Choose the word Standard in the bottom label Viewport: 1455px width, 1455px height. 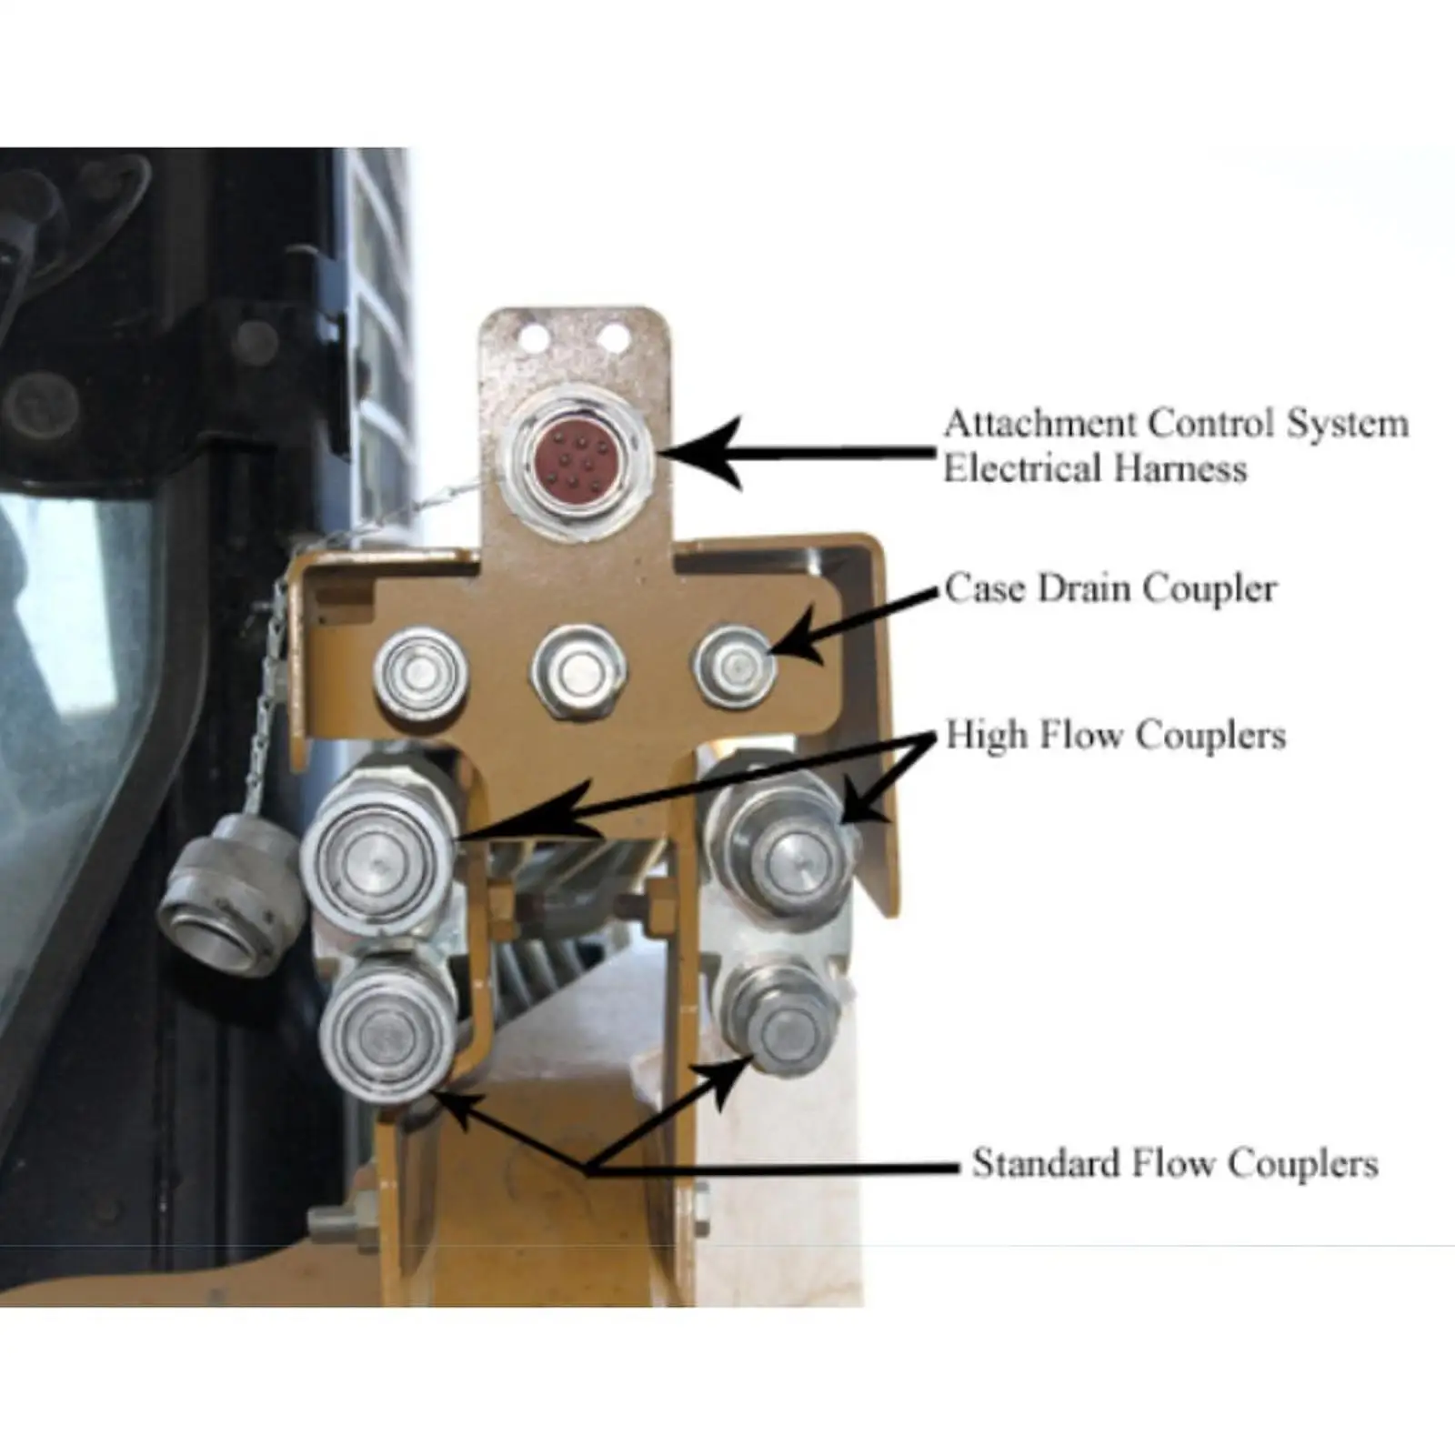[1046, 1164]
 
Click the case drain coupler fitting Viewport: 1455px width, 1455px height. [736, 667]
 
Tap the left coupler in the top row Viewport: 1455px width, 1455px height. [421, 673]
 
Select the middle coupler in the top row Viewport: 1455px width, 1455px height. [578, 672]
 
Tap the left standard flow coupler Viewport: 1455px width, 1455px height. [387, 1033]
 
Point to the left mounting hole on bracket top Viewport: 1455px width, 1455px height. [534, 339]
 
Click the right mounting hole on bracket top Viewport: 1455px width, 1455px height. [614, 338]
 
